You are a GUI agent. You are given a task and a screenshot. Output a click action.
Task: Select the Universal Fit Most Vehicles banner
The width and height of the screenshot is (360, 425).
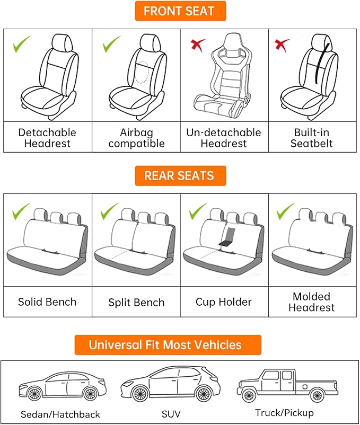168,345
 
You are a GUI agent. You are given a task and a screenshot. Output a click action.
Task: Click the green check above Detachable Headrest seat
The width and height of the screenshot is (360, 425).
22,44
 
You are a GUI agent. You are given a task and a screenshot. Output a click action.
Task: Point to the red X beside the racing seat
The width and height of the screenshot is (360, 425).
198,45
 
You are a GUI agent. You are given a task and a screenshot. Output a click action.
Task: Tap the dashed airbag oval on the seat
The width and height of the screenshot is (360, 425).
141,72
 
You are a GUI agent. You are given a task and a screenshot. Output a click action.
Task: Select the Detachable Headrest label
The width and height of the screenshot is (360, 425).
47,138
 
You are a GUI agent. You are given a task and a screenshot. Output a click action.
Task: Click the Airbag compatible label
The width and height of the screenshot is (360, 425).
136,138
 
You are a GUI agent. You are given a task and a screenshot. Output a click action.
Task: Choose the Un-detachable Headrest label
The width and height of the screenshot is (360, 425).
224,138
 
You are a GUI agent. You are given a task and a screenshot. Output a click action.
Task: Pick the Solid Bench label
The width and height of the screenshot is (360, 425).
47,302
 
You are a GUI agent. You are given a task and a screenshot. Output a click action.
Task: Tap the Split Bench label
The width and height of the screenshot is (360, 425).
136,303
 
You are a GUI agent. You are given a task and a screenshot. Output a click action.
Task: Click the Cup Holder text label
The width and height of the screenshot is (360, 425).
224,302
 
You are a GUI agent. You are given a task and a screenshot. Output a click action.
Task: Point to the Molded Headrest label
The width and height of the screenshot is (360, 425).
312,302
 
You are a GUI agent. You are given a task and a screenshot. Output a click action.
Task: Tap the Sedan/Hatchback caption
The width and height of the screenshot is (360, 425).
60,414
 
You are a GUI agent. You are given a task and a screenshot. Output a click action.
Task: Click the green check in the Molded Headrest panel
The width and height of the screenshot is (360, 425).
285,211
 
